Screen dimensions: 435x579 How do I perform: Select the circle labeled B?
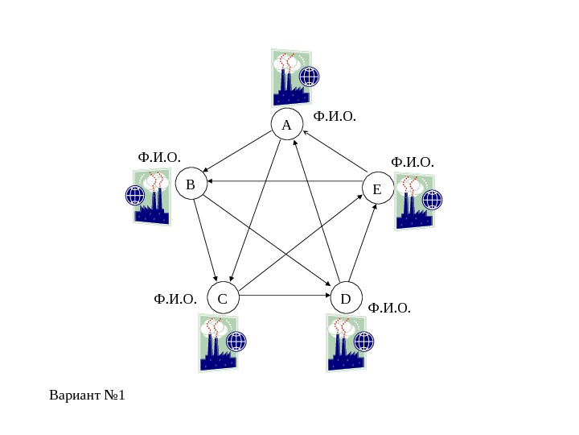pyautogui.click(x=191, y=184)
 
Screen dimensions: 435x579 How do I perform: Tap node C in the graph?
pyautogui.click(x=223, y=297)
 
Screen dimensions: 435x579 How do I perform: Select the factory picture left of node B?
pyautogui.click(x=151, y=197)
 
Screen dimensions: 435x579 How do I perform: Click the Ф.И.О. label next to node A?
pyautogui.click(x=334, y=117)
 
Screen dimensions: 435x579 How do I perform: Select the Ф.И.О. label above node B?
pyautogui.click(x=159, y=156)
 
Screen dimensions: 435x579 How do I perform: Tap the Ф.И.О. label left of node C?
pyautogui.click(x=175, y=300)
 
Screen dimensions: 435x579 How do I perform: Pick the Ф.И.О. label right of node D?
pyautogui.click(x=389, y=308)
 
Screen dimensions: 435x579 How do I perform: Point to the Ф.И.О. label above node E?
pyautogui.click(x=412, y=163)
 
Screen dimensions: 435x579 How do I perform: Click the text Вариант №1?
pyautogui.click(x=88, y=396)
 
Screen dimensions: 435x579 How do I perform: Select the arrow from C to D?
pyautogui.click(x=285, y=296)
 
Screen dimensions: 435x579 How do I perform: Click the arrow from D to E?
pyautogui.click(x=362, y=242)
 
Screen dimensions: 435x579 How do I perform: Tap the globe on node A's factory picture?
pyautogui.click(x=309, y=77)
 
